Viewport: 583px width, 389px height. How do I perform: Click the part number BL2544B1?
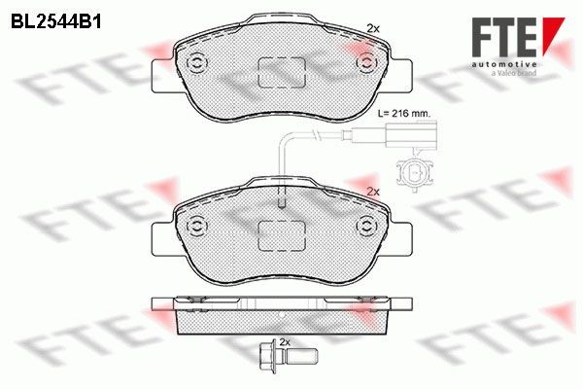click(x=55, y=22)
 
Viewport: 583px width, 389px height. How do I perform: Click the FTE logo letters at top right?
click(x=503, y=38)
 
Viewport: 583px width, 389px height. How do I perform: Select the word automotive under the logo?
click(x=504, y=65)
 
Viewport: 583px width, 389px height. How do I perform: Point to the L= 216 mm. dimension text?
click(x=404, y=114)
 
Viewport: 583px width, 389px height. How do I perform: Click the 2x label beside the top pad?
click(x=373, y=28)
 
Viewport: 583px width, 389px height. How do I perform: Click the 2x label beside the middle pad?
click(x=373, y=193)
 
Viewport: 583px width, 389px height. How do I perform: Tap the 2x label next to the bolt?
click(x=284, y=342)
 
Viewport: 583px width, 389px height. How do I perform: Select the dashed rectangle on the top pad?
click(x=282, y=73)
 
